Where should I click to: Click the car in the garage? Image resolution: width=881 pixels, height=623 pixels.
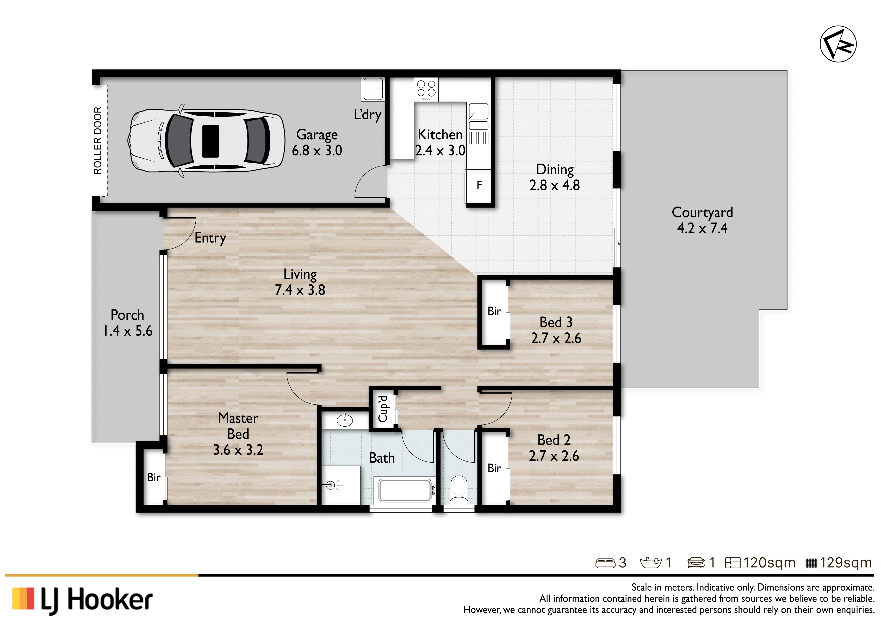(206, 140)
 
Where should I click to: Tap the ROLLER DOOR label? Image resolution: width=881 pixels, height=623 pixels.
(98, 140)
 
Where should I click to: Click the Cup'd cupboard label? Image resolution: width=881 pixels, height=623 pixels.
(383, 409)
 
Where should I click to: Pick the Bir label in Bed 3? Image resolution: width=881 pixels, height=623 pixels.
(494, 311)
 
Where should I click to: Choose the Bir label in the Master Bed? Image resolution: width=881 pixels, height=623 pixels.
(154, 477)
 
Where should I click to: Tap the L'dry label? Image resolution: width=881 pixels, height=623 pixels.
(368, 115)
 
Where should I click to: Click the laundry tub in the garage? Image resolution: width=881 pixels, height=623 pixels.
(372, 89)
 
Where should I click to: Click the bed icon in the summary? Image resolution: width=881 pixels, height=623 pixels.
(605, 563)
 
